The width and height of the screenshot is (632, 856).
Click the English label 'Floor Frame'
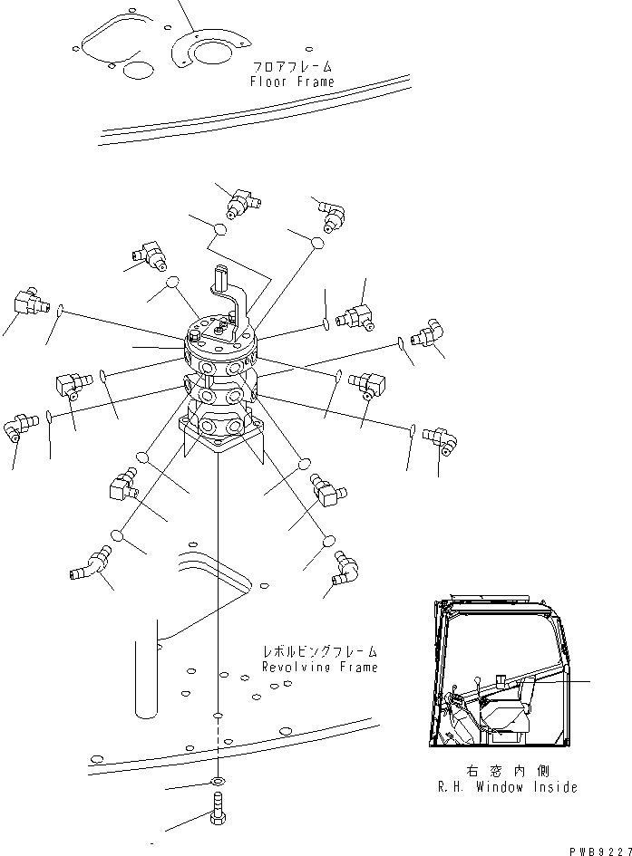point(292,82)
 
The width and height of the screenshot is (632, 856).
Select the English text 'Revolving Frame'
point(319,667)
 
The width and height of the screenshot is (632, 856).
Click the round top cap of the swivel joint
point(219,331)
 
